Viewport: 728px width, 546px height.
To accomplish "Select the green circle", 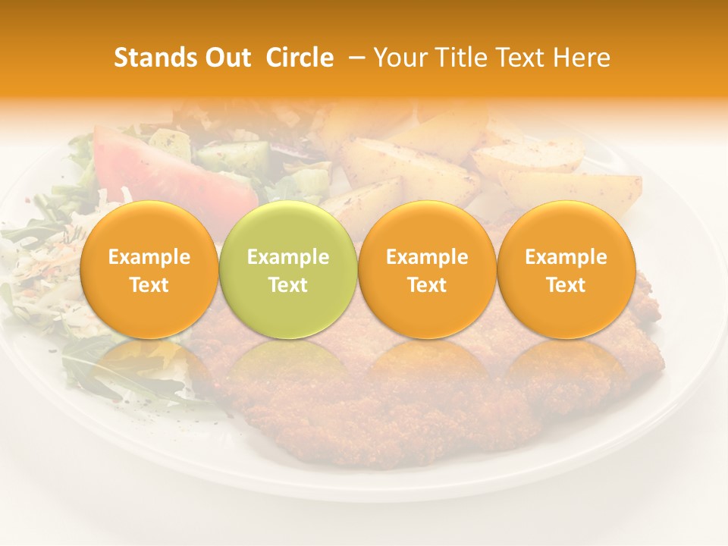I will click(288, 269).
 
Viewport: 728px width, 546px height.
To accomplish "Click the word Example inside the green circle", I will click(288, 257).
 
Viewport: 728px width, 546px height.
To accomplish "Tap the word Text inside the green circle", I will click(288, 285).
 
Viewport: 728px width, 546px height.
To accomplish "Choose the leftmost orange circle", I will click(149, 269).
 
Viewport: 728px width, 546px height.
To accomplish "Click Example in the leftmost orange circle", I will click(149, 257).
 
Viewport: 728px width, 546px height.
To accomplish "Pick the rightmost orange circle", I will click(566, 269).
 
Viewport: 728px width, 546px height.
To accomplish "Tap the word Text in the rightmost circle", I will click(566, 285).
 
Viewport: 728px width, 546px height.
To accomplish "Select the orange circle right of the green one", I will click(427, 269).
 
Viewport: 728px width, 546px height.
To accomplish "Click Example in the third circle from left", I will click(427, 257).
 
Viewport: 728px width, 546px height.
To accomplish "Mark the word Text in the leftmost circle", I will click(149, 285).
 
